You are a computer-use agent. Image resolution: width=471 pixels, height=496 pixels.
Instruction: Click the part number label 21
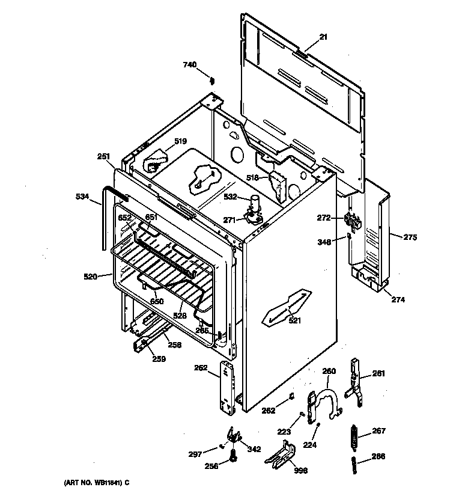pyautogui.click(x=323, y=37)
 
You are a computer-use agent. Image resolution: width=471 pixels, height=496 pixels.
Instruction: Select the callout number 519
pyautogui.click(x=181, y=142)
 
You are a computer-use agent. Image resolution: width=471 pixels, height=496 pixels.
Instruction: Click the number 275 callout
pyautogui.click(x=409, y=237)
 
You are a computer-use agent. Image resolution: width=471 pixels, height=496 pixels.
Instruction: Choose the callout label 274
pyautogui.click(x=398, y=299)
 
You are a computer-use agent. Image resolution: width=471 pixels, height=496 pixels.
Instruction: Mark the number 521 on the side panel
pyautogui.click(x=294, y=320)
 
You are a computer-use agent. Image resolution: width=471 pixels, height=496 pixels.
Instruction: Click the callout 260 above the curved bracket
pyautogui.click(x=329, y=371)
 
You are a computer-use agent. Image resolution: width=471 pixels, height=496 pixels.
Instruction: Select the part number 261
pyautogui.click(x=378, y=374)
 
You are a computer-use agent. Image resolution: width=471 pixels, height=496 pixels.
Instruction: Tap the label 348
pyautogui.click(x=325, y=242)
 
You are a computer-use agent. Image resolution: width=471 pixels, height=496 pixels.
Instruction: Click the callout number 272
pyautogui.click(x=324, y=217)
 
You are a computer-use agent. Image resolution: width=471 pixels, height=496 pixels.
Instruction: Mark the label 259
pyautogui.click(x=158, y=359)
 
